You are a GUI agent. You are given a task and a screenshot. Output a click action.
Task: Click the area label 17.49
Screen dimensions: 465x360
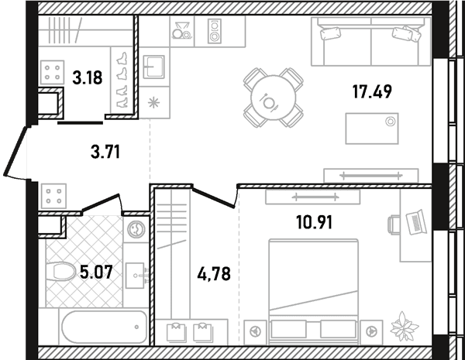pos(372,91)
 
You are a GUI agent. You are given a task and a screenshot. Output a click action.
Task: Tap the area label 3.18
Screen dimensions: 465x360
pos(88,78)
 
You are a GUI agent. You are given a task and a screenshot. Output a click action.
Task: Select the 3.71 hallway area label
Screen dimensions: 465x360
pos(105,153)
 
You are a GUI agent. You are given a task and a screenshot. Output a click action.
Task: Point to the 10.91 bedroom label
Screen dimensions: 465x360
pos(315,222)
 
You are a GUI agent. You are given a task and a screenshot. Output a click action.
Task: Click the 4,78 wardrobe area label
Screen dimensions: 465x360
pos(214,274)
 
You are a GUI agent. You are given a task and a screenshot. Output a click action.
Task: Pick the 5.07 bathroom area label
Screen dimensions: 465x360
pos(97,272)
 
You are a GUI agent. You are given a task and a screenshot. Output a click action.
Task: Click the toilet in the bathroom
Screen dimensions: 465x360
pos(60,271)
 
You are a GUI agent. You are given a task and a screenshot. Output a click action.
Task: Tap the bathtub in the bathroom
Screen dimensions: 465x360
pos(105,327)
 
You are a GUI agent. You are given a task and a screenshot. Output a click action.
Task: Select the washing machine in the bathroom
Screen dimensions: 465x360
pos(136,229)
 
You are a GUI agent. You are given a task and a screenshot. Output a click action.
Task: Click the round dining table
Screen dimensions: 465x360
pos(273,98)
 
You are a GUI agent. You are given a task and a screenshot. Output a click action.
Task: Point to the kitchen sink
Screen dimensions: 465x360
pos(154,67)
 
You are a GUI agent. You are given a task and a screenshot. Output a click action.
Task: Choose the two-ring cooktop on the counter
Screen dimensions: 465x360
pos(214,31)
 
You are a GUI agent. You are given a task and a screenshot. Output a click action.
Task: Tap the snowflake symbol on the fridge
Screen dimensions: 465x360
pos(154,103)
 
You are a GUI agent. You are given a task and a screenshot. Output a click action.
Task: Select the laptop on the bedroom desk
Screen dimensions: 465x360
pos(416,222)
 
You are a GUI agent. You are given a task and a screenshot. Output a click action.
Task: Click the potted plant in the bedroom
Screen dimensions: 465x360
pos(405,327)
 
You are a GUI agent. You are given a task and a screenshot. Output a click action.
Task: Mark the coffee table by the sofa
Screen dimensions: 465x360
pos(372,129)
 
